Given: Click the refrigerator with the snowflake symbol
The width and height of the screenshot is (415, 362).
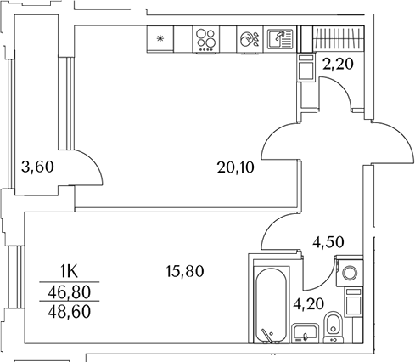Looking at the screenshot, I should point(160,38).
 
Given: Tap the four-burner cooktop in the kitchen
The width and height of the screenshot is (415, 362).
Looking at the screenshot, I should point(205,38).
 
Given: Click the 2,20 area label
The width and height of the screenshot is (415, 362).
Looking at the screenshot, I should point(337,62).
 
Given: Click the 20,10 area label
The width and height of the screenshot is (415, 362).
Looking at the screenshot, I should point(235,167).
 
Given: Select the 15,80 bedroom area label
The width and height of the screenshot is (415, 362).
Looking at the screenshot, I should point(186,272).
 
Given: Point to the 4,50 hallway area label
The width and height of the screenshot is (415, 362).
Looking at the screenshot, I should point(328,240).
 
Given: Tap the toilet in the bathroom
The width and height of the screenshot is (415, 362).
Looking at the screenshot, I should point(334,326).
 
